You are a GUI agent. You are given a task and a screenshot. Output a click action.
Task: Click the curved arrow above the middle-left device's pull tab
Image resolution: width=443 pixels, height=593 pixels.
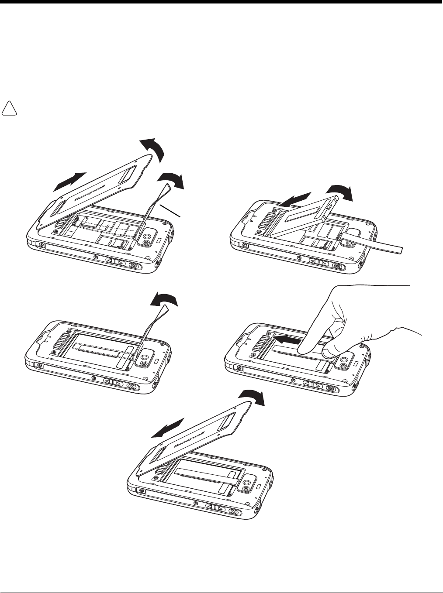pos(164,300)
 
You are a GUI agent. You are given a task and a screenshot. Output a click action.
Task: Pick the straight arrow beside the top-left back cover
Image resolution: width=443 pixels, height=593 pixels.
pos(69,182)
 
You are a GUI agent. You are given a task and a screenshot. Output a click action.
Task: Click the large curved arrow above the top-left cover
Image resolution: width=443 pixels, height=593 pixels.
pos(152,149)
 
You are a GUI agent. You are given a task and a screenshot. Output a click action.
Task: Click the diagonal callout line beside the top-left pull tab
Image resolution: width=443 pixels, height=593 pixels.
pos(170,211)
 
